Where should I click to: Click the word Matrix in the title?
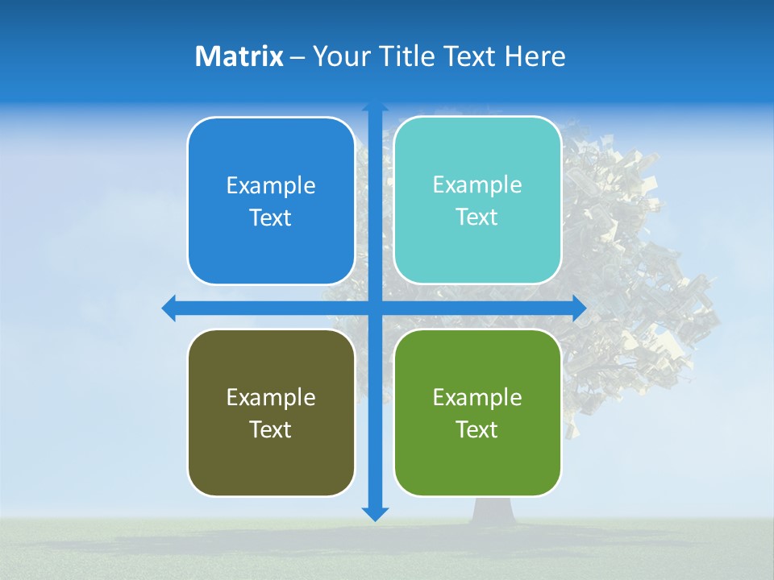coord(239,56)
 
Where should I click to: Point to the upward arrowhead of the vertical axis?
coord(375,107)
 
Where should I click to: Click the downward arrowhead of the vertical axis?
coord(375,513)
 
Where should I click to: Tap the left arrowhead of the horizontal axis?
coord(169,308)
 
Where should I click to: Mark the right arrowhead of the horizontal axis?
coord(579,308)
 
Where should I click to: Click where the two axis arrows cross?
coord(375,308)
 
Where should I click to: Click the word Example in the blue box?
coord(271,186)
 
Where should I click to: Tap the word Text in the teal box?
coord(477,217)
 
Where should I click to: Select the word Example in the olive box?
coord(271,397)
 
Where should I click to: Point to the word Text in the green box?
coord(477,429)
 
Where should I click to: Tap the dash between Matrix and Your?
coord(298,57)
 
